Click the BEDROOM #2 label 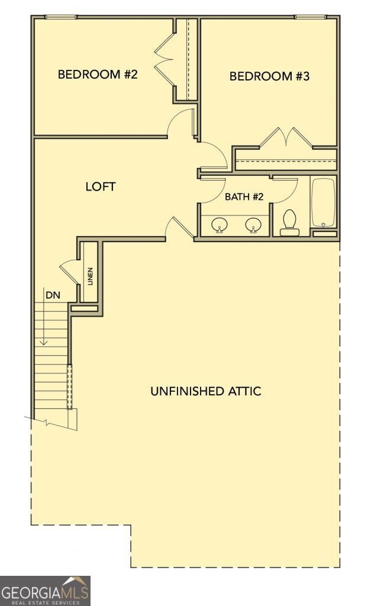[98, 74]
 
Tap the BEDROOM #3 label [269, 76]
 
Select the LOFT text [101, 186]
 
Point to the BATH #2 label [244, 196]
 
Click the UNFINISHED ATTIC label [206, 391]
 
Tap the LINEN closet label [91, 276]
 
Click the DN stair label [53, 295]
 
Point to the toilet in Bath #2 [289, 223]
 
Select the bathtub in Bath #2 [324, 202]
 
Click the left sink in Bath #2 [220, 224]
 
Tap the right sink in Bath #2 [253, 224]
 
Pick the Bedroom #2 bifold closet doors [163, 59]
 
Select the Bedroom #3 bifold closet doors [286, 137]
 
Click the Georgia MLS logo [45, 591]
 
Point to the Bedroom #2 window [61, 17]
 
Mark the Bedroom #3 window [310, 17]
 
